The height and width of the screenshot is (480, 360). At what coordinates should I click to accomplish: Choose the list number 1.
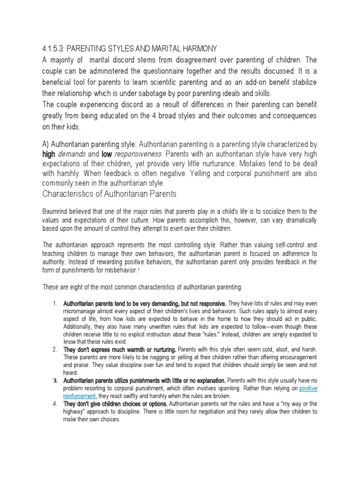[54, 303]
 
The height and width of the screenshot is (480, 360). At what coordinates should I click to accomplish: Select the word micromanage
[80, 311]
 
